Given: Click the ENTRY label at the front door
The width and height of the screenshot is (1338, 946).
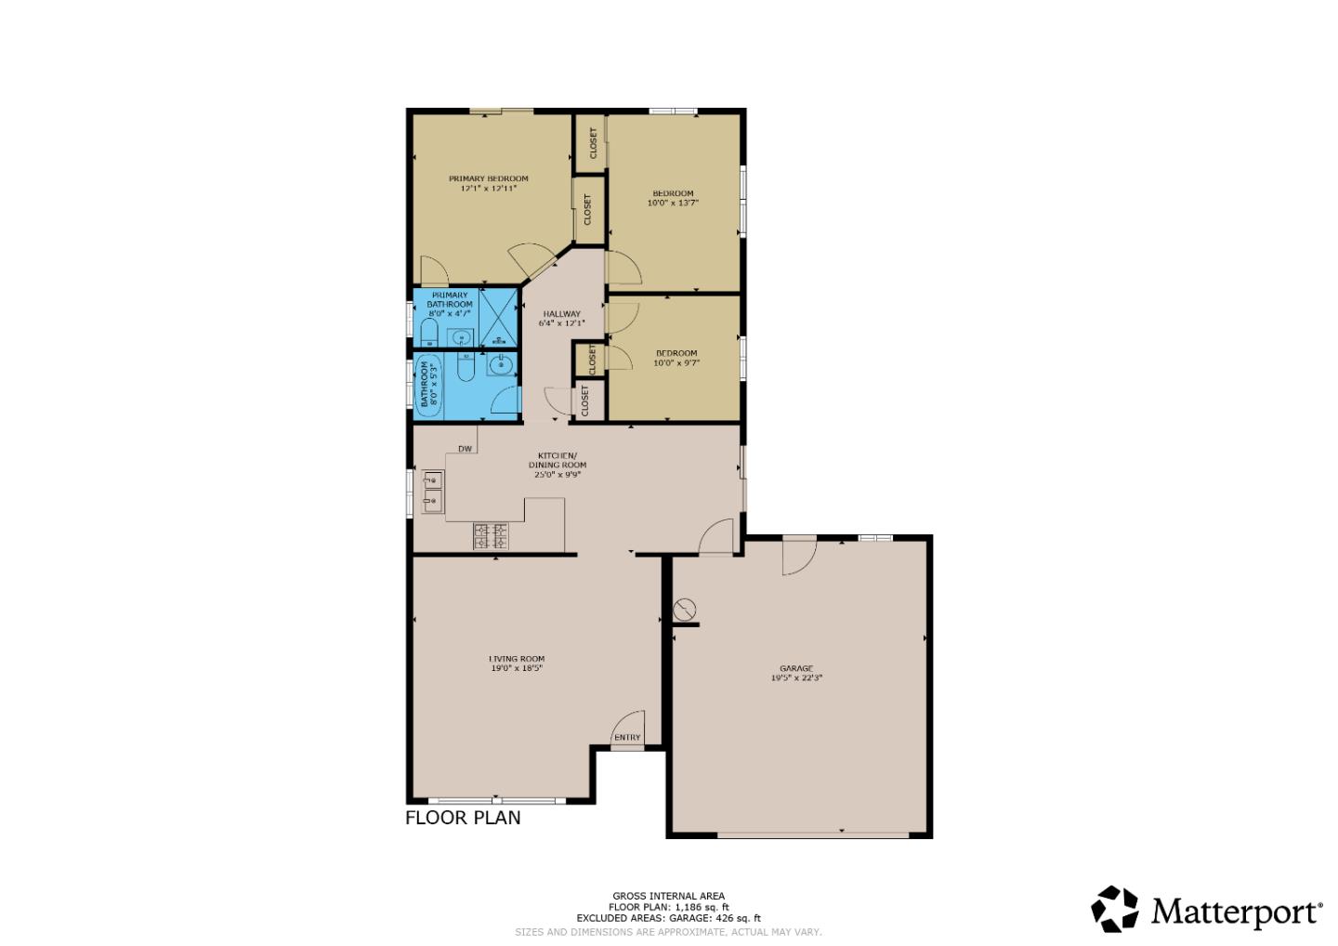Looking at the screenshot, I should [627, 738].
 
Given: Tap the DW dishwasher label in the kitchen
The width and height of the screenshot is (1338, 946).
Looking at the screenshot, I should [466, 449].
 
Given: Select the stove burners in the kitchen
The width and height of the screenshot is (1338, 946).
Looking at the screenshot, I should [491, 535].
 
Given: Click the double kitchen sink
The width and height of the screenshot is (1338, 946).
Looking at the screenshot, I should [433, 492].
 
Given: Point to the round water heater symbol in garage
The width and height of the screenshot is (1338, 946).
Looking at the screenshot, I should [684, 610].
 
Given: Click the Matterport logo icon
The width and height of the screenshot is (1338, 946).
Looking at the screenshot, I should [1114, 909].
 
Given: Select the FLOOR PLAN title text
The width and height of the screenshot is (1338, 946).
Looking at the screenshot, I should [463, 818].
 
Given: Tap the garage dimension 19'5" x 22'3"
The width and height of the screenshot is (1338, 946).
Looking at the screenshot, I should [796, 678].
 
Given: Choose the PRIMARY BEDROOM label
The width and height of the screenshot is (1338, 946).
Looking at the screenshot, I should [488, 178].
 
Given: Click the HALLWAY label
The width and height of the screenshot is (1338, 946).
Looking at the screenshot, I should [561, 314].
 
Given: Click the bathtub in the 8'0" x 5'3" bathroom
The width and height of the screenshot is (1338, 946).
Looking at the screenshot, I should [430, 383].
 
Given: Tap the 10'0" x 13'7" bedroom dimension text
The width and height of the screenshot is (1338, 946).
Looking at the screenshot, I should [673, 203].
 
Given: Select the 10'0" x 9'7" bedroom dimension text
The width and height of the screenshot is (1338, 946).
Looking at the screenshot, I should [676, 363].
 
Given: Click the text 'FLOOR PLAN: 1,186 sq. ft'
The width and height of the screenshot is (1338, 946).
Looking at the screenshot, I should [668, 907].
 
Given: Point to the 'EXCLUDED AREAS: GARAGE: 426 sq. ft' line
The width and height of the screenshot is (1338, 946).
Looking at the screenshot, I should [668, 918].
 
